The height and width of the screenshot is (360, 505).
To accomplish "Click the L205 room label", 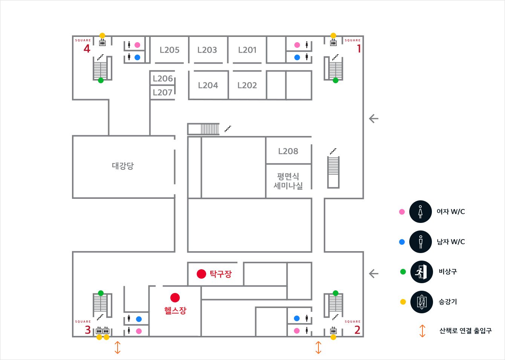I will (170, 50).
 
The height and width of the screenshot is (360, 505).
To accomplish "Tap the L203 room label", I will (207, 50).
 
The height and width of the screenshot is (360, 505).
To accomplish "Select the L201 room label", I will (247, 50).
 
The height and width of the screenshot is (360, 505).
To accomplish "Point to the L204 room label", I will (208, 85).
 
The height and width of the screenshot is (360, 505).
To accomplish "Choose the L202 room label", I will (247, 85).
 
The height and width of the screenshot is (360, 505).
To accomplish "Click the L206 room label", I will (163, 79).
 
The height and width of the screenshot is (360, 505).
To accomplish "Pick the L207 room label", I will (163, 93).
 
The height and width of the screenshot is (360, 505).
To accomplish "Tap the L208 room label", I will (288, 151).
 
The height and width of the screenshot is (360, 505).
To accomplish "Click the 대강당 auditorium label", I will (123, 166).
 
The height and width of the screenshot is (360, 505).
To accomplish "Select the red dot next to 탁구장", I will (201, 274).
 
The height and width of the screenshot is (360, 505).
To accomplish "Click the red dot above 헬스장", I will (175, 297).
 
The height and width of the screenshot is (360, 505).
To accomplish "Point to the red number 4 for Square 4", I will (87, 49).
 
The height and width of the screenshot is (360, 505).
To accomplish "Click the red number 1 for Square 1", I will (359, 49).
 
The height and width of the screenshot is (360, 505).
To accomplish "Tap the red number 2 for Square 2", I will (357, 330).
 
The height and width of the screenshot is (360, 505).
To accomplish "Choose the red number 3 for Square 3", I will (88, 330).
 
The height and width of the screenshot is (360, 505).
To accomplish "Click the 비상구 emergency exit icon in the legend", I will (421, 272).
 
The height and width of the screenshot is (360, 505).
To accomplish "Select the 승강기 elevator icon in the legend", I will (421, 302).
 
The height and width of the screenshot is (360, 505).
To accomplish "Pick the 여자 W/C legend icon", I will (421, 212).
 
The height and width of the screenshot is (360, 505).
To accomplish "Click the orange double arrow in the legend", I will (422, 331).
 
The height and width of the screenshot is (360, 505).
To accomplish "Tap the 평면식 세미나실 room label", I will (288, 181).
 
